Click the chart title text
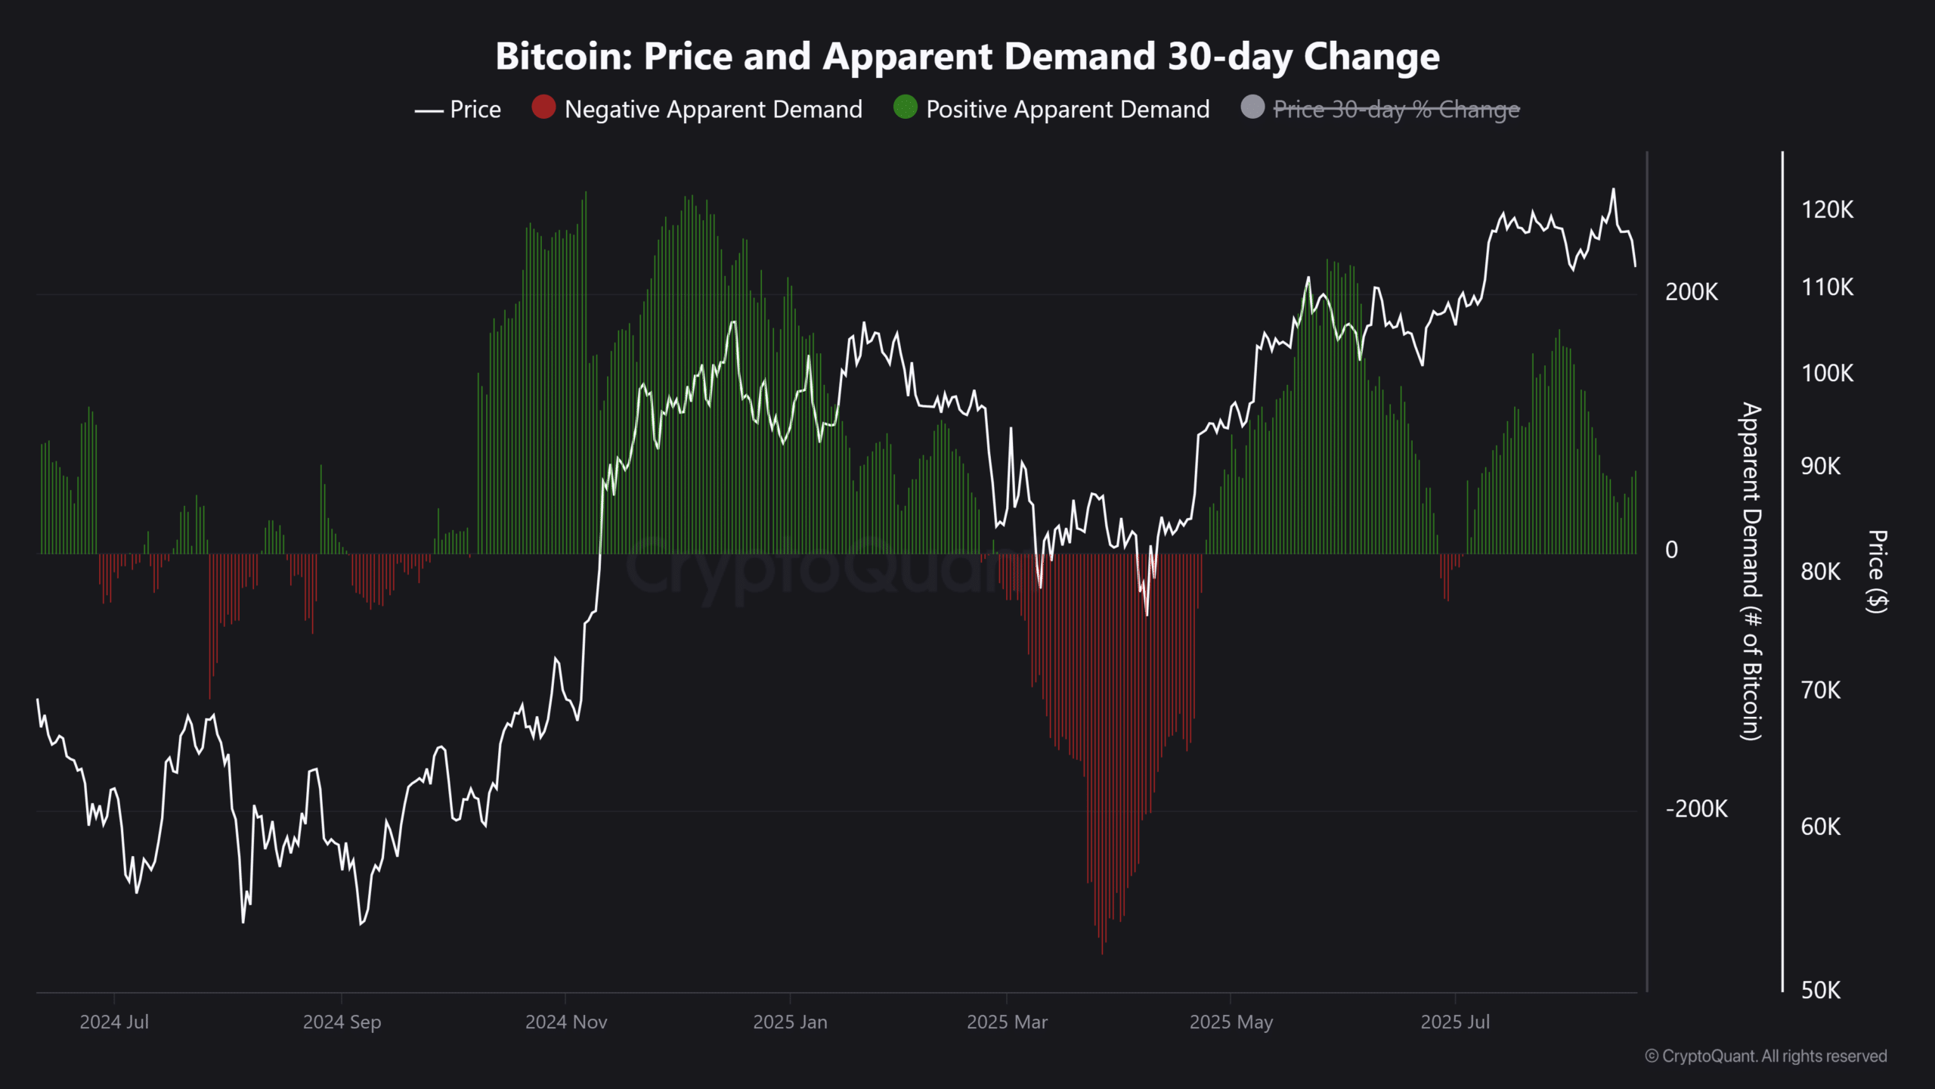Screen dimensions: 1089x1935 (x=967, y=57)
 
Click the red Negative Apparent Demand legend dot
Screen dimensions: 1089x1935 (x=543, y=107)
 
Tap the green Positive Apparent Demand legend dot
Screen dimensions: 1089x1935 (x=905, y=107)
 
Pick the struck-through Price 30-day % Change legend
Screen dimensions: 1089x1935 (x=1395, y=110)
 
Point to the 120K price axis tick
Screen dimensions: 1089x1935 (x=1827, y=210)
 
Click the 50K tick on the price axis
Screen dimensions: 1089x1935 (x=1820, y=990)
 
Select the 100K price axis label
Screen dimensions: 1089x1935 (x=1827, y=374)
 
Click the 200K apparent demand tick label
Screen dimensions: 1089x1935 (x=1691, y=292)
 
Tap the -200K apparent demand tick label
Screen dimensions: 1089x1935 (x=1696, y=809)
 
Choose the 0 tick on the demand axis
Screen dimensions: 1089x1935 (x=1671, y=550)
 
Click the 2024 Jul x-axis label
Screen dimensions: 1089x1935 (x=114, y=1022)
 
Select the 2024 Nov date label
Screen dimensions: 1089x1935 (x=566, y=1022)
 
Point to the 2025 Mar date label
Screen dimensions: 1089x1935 (x=1007, y=1022)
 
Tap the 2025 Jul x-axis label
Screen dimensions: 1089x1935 (x=1455, y=1022)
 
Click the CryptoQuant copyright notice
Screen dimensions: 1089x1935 (x=1766, y=1056)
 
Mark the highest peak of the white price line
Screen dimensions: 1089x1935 (x=1613, y=189)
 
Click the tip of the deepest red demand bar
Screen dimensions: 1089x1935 (x=1102, y=953)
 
